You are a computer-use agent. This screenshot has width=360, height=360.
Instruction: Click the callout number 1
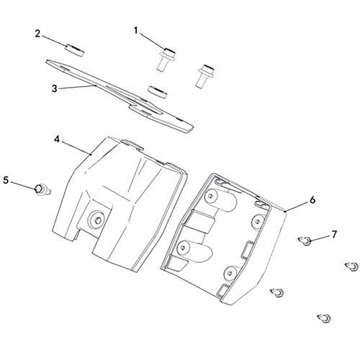[x=136, y=31]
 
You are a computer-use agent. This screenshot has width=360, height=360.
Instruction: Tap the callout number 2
[x=37, y=34]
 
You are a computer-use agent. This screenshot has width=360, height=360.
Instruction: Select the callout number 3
[x=55, y=89]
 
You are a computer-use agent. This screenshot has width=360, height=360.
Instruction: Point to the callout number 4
[x=57, y=139]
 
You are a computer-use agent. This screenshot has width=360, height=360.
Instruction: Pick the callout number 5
[x=6, y=180]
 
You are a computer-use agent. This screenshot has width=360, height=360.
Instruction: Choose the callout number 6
[x=312, y=200]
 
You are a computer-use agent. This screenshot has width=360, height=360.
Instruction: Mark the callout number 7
[x=334, y=234]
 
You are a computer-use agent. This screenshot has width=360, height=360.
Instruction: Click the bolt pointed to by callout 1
[x=166, y=59]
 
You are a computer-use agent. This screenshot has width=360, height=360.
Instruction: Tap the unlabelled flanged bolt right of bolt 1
[x=204, y=76]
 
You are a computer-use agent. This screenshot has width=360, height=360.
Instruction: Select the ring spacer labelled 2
[x=75, y=50]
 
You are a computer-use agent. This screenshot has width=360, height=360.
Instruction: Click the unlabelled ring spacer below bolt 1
[x=158, y=92]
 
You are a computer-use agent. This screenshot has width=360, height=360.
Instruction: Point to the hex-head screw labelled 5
[x=42, y=189]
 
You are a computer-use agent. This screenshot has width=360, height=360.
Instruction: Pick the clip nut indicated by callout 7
[x=305, y=240]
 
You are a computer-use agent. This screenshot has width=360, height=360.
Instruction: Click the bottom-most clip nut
[x=324, y=318]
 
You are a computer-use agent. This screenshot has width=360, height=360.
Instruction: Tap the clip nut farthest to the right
[x=352, y=266]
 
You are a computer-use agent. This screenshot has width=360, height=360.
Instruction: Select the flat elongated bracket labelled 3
[x=120, y=96]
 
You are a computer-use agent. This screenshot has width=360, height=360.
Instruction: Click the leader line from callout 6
[x=297, y=207]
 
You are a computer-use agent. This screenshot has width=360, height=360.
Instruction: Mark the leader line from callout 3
[x=77, y=87]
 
